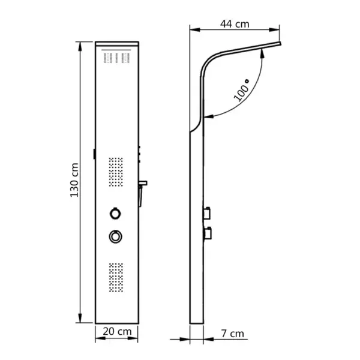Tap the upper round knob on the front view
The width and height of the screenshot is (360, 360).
tap(116, 213)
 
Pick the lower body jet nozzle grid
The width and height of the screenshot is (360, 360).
tap(115, 277)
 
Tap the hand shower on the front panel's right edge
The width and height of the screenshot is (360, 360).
tap(142, 191)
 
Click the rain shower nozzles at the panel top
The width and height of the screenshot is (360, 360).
tap(117, 58)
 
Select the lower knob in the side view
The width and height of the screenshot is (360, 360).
tap(208, 233)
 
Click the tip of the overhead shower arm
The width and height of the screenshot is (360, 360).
tap(279, 43)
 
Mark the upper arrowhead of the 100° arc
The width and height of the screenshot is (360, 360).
tap(262, 53)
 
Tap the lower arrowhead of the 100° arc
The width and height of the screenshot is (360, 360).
tap(207, 116)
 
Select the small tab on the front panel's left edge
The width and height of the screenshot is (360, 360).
tap(94, 154)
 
